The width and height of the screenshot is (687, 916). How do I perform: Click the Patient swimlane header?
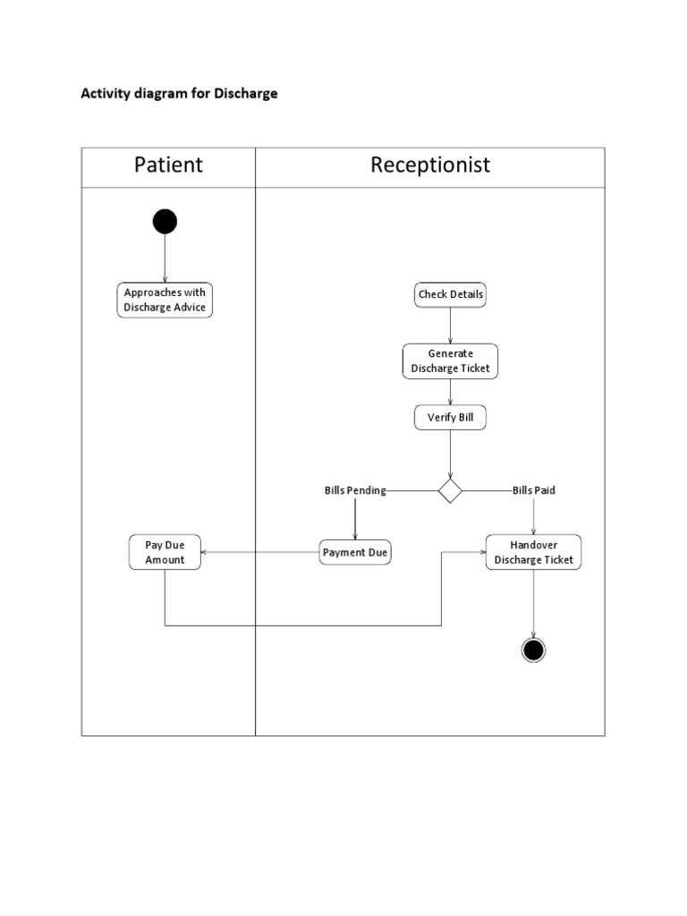(168, 165)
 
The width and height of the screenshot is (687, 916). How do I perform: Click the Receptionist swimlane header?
(430, 165)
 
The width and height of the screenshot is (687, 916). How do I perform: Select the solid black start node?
(165, 221)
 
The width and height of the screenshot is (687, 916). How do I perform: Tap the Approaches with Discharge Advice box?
(165, 300)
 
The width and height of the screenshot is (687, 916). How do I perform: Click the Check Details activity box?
(450, 294)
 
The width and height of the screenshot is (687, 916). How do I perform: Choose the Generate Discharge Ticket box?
(450, 360)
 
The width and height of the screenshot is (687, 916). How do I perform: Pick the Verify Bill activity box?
(450, 418)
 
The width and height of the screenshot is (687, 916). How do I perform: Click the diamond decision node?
(450, 490)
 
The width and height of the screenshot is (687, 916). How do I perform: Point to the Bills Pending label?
(355, 490)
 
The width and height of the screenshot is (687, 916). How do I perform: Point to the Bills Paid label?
(534, 490)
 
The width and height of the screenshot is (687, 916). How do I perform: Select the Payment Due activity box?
(355, 553)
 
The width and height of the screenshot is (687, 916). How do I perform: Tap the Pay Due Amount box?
(165, 552)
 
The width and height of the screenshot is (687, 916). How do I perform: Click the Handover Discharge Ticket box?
(533, 552)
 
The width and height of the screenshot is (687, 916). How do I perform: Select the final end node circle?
(533, 649)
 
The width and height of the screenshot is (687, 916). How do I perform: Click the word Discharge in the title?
(245, 93)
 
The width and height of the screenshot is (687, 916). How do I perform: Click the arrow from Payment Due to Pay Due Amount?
(259, 553)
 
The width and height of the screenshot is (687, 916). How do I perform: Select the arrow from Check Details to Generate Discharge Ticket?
(450, 326)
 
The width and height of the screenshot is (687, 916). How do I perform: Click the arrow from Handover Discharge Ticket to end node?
(533, 604)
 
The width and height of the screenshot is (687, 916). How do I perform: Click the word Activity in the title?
(106, 93)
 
